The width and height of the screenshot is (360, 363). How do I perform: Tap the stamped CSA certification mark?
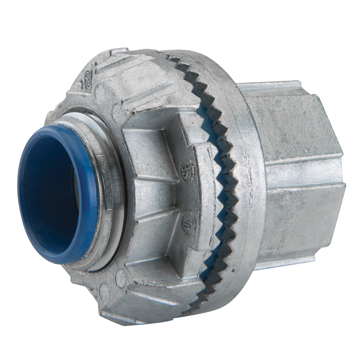click(x=187, y=168)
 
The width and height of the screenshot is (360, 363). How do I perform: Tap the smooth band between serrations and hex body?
click(x=248, y=180)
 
